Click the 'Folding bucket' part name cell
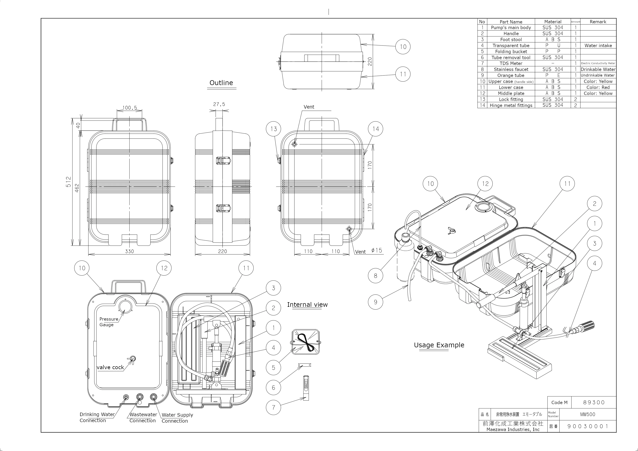tap(511, 51)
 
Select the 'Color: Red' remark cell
tap(598, 87)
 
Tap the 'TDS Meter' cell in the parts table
tap(511, 63)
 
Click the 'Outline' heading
tap(221, 83)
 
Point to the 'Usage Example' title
tap(439, 345)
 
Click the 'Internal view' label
tap(307, 305)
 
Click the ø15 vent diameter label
tap(377, 250)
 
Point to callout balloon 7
tap(273, 407)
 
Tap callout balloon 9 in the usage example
tap(375, 302)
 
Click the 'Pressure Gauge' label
tap(108, 322)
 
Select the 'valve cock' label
tap(110, 367)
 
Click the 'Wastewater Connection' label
tap(143, 417)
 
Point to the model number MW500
tap(587, 414)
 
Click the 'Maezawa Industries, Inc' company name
tap(513, 429)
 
